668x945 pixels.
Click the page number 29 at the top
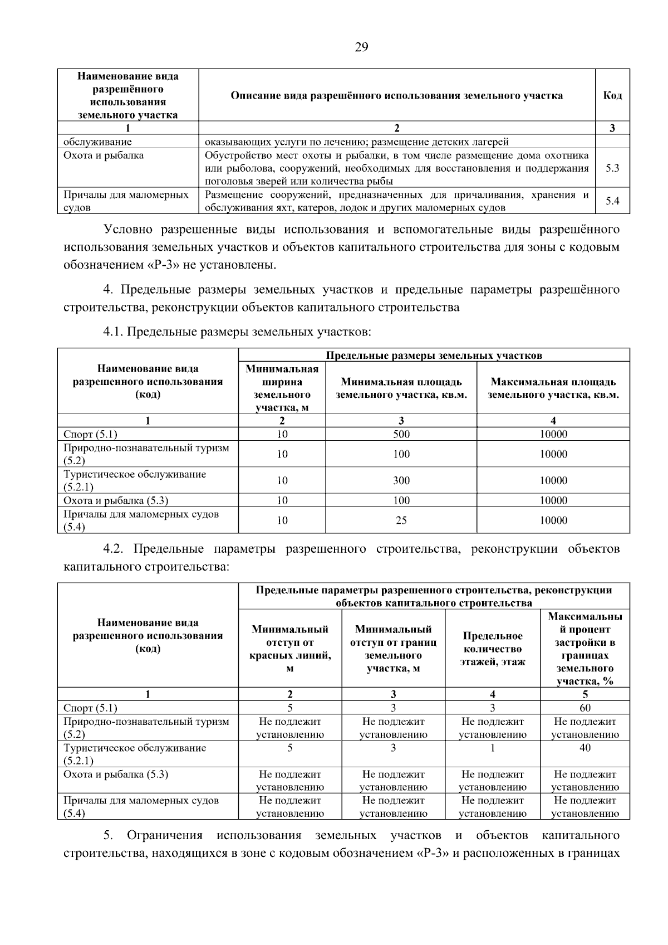pyautogui.click(x=361, y=47)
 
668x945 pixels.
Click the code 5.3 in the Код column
pyautogui.click(x=612, y=168)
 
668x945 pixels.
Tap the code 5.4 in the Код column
pyautogui.click(x=612, y=201)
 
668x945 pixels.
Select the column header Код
pyautogui.click(x=612, y=95)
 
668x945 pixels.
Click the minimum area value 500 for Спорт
pyautogui.click(x=401, y=434)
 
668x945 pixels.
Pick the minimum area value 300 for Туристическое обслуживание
pyautogui.click(x=401, y=480)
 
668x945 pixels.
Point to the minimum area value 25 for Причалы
pyautogui.click(x=401, y=520)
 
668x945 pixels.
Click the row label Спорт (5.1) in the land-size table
pyautogui.click(x=90, y=434)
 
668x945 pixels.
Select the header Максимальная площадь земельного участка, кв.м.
pyautogui.click(x=553, y=388)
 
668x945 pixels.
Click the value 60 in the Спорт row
pyautogui.click(x=584, y=708)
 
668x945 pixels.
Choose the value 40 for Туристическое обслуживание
pyautogui.click(x=584, y=748)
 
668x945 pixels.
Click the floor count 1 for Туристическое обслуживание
pyautogui.click(x=492, y=748)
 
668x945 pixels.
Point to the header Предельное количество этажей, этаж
pyautogui.click(x=492, y=649)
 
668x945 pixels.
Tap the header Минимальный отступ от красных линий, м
pyautogui.click(x=289, y=649)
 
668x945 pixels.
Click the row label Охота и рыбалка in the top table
pyautogui.click(x=104, y=155)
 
